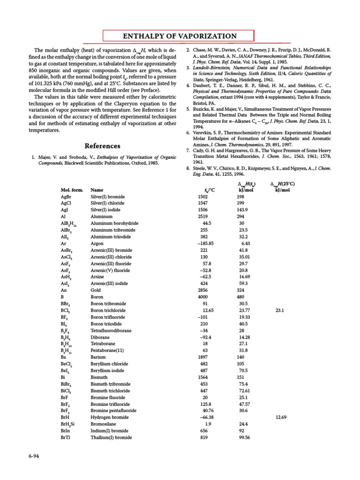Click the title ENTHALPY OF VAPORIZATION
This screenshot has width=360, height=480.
[179, 36]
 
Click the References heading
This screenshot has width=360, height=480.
[102, 146]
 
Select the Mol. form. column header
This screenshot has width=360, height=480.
[72, 190]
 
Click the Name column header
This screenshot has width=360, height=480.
[97, 190]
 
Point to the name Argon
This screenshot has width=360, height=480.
[98, 244]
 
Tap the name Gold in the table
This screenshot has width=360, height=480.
[96, 291]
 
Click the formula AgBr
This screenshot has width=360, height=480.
[67, 197]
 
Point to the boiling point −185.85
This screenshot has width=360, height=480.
[205, 244]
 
